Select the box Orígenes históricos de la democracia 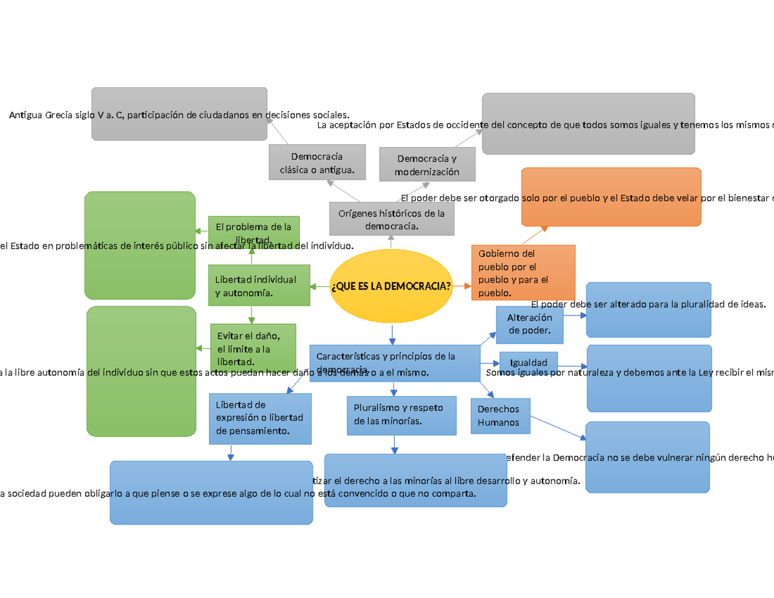coord(392,219)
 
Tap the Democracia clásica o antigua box coord(317,163)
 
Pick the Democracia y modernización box coord(427,164)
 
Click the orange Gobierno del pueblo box coord(523,272)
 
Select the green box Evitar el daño coord(253,348)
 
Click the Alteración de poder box coord(530,324)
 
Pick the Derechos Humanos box coord(500,416)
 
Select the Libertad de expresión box coord(260,418)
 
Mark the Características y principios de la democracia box coord(394,363)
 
